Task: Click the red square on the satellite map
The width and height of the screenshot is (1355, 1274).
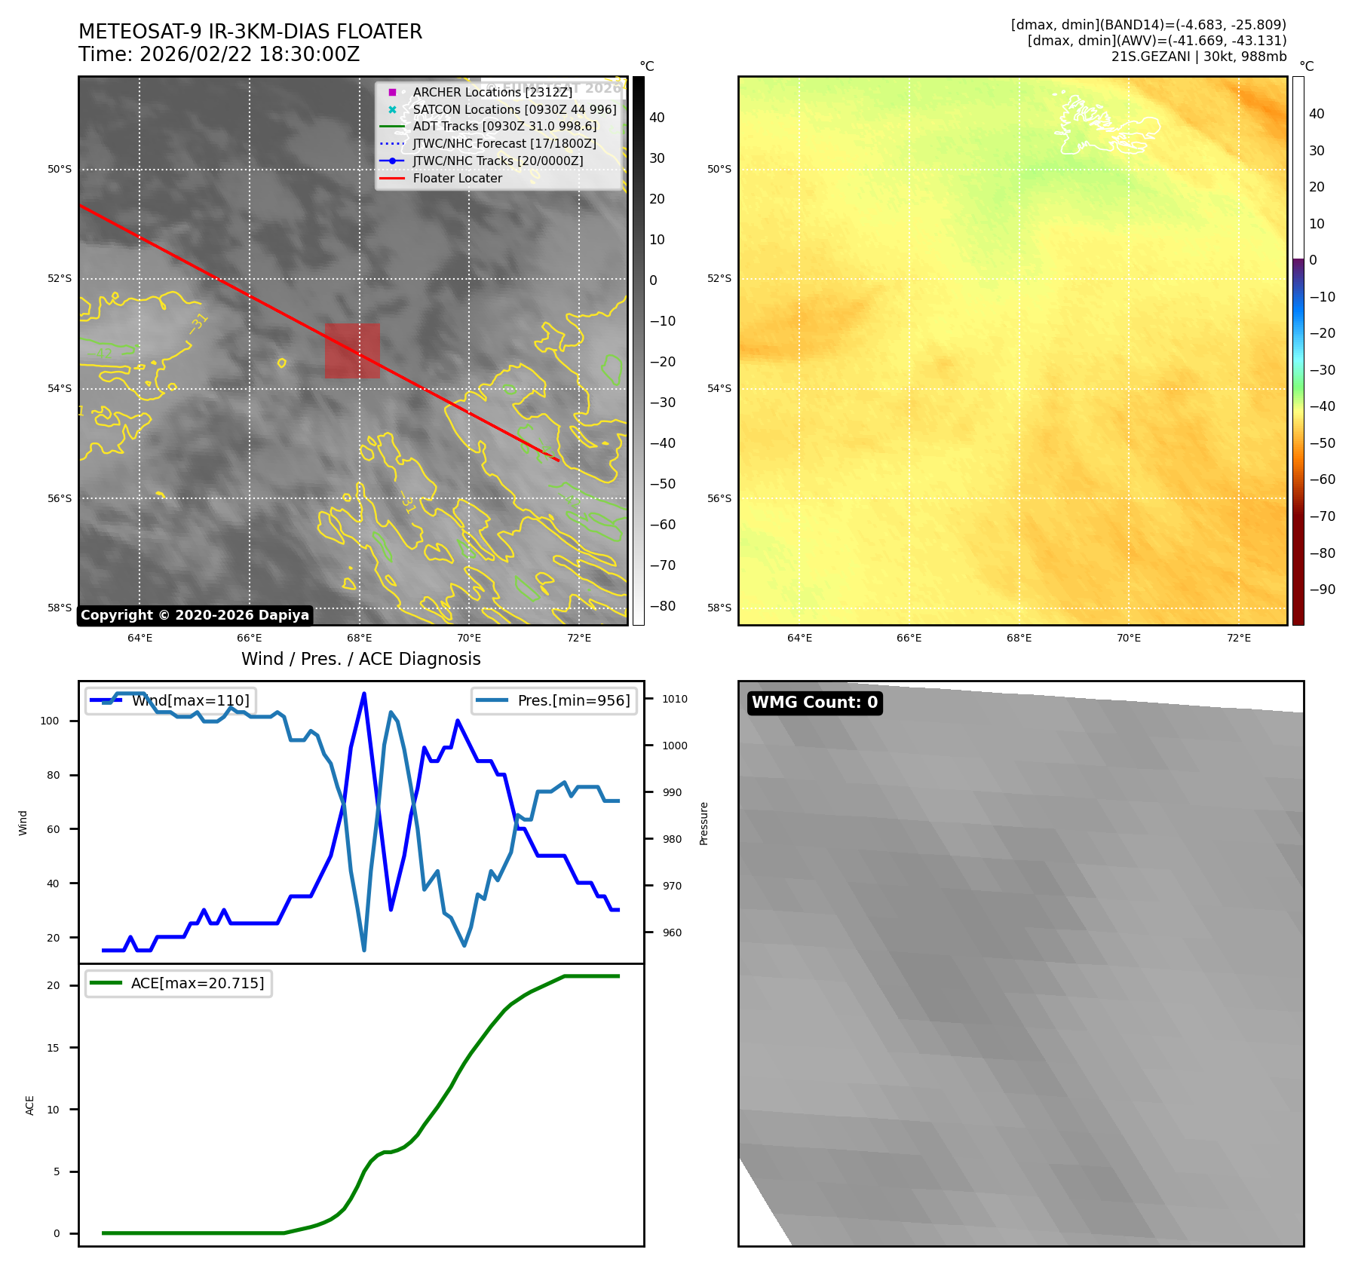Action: (352, 351)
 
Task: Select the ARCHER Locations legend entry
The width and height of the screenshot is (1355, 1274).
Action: (492, 92)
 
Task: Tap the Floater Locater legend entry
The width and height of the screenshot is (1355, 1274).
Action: (457, 179)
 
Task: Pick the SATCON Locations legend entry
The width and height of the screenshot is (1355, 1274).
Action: (514, 109)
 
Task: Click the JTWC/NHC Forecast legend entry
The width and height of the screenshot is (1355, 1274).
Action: (504, 144)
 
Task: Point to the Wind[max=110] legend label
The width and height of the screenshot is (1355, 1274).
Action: (190, 700)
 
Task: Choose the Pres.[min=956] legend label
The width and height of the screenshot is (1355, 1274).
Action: (573, 700)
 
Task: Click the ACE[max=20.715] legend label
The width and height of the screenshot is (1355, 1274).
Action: (198, 983)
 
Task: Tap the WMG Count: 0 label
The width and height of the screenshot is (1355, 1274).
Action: (814, 703)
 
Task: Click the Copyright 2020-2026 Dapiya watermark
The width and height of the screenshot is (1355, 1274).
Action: (195, 615)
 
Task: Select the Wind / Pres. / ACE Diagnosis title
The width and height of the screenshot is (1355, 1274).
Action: (360, 659)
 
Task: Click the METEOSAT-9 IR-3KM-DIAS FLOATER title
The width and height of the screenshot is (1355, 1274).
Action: (250, 32)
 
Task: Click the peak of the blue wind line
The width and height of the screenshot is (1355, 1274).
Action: (364, 694)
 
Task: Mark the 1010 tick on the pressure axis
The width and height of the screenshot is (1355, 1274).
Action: (674, 699)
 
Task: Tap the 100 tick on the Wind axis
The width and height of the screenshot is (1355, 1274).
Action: (50, 721)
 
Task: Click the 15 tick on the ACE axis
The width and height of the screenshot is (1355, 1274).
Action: (53, 1048)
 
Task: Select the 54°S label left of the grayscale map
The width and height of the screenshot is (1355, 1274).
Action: (60, 389)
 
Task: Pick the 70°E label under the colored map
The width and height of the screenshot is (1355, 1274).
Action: (1128, 639)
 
